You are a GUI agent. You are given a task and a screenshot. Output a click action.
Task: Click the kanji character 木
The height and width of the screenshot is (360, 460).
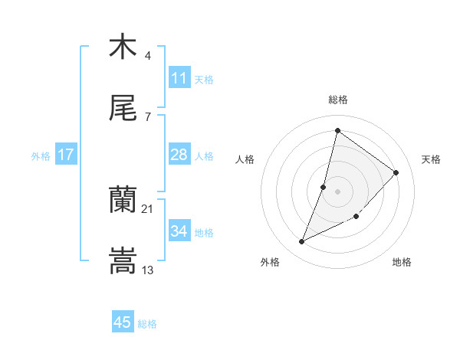(x=123, y=47)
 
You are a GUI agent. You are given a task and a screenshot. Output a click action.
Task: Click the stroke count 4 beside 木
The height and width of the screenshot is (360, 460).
(x=148, y=56)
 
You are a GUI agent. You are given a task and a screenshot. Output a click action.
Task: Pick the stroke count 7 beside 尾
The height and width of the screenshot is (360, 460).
(x=148, y=117)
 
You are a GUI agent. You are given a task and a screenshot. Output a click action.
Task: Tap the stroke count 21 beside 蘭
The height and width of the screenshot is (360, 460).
(x=148, y=209)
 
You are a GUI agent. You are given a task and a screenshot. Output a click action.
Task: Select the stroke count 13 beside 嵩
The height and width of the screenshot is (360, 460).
(x=148, y=270)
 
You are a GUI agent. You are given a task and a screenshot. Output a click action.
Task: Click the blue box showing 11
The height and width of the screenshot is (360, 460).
(x=179, y=77)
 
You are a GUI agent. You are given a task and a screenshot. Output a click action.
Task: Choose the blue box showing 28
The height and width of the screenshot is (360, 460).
(x=179, y=155)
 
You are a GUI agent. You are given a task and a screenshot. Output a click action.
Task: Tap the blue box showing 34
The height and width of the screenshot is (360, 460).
(x=179, y=231)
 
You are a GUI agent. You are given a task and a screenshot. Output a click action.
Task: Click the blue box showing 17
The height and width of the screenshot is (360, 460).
(x=66, y=155)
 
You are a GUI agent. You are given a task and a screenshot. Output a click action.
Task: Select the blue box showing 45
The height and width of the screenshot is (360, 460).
(x=123, y=322)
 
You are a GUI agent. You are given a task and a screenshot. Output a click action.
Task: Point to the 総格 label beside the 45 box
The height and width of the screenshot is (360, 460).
(x=147, y=324)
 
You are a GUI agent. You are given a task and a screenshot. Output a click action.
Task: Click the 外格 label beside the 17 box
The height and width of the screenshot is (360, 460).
(x=41, y=156)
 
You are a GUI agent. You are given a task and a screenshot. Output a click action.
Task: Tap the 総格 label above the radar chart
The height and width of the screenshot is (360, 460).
(x=337, y=100)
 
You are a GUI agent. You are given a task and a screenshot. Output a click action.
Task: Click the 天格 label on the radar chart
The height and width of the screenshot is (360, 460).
(x=431, y=159)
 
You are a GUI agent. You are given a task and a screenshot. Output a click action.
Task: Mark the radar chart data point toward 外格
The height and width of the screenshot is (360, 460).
(x=302, y=242)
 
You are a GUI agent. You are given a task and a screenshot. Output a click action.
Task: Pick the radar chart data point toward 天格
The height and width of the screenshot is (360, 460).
(x=396, y=172)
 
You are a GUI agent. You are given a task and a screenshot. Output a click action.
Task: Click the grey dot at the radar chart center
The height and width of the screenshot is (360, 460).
(x=337, y=191)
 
